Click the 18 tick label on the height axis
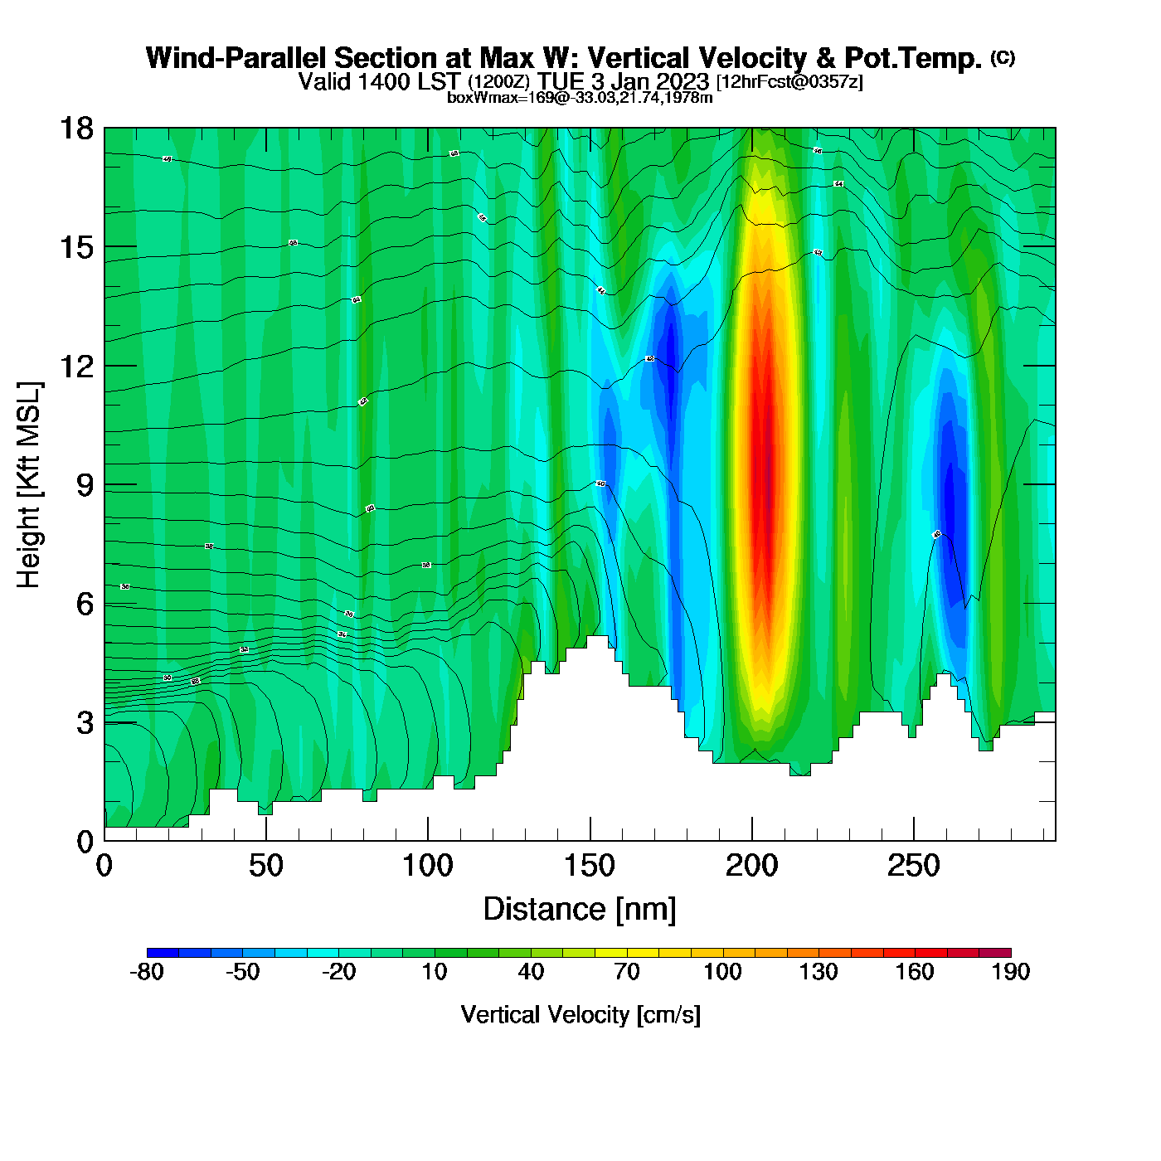point(76,129)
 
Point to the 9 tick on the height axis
point(85,485)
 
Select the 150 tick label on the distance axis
point(590,867)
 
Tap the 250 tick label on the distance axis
point(913,867)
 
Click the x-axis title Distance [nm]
point(580,910)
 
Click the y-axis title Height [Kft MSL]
point(29,485)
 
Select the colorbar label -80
point(147,972)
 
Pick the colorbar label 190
point(1011,972)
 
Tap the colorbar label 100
point(722,972)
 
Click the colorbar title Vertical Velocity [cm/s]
point(580,1015)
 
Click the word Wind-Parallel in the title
point(236,59)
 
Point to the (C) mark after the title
point(1003,57)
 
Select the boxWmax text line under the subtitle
point(580,98)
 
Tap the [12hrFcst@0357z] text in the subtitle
point(789,82)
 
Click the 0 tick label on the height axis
point(85,842)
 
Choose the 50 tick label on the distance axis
point(265,867)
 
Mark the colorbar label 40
point(531,972)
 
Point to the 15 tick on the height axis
point(76,247)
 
